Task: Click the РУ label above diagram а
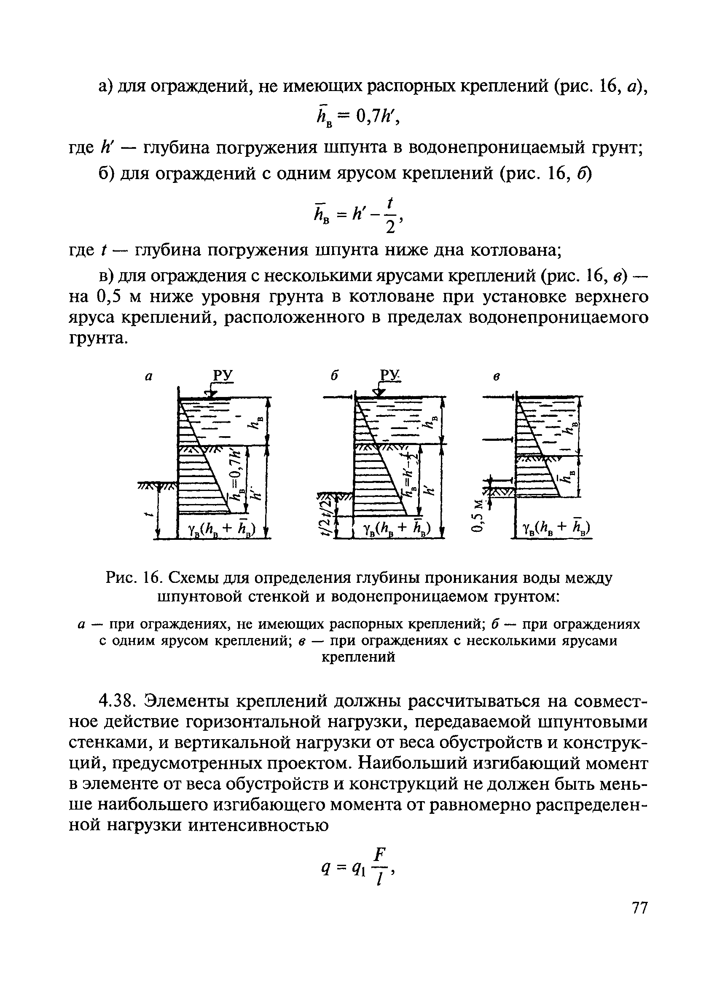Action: [x=223, y=376]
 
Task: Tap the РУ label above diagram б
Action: [x=389, y=376]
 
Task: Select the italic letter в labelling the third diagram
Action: [x=496, y=377]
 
